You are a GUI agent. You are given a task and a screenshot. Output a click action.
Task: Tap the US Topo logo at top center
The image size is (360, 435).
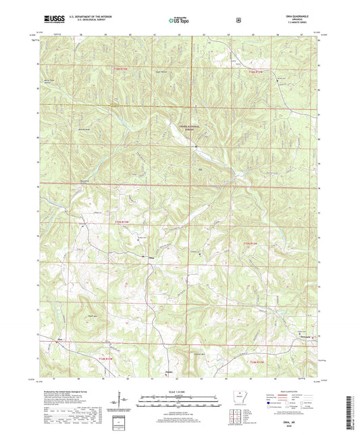pyautogui.click(x=179, y=21)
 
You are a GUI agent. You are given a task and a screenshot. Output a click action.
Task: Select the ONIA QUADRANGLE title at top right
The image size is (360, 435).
pyautogui.click(x=301, y=18)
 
